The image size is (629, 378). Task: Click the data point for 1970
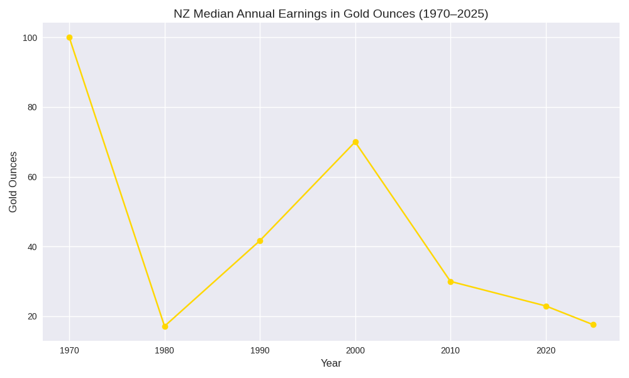pyautogui.click(x=69, y=38)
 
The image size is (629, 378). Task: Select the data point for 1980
pyautogui.click(x=165, y=326)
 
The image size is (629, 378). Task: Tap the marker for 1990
pyautogui.click(x=260, y=241)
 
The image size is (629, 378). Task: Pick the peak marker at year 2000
pyautogui.click(x=355, y=142)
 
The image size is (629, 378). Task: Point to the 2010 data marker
pyautogui.click(x=450, y=282)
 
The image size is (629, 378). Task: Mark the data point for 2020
pyautogui.click(x=546, y=306)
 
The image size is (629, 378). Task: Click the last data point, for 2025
pyautogui.click(x=593, y=324)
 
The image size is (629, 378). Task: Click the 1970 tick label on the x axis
pyautogui.click(x=69, y=350)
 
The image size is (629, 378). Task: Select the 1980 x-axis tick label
pyautogui.click(x=165, y=350)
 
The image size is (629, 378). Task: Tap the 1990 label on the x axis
pyautogui.click(x=260, y=350)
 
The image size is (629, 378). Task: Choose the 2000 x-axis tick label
pyautogui.click(x=355, y=350)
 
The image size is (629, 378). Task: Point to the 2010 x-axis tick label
pyautogui.click(x=450, y=350)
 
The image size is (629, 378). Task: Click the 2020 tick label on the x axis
pyautogui.click(x=546, y=350)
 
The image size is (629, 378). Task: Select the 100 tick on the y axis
pyautogui.click(x=30, y=38)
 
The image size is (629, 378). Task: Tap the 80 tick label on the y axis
pyautogui.click(x=32, y=107)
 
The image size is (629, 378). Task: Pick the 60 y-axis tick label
pyautogui.click(x=32, y=177)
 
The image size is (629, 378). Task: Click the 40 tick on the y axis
pyautogui.click(x=32, y=247)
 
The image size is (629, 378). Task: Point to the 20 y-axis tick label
pyautogui.click(x=32, y=316)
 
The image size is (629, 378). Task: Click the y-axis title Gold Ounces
pyautogui.click(x=13, y=181)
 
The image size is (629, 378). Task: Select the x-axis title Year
pyautogui.click(x=331, y=364)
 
